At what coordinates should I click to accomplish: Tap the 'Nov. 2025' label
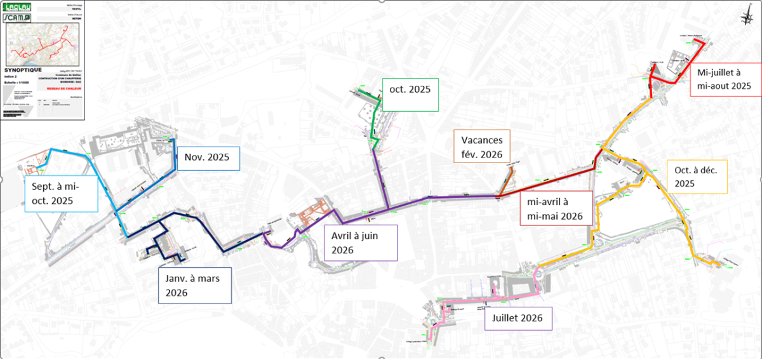[x=208, y=157]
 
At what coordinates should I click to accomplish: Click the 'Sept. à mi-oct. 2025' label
[x=61, y=194]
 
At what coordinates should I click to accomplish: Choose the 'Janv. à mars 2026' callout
[x=195, y=286]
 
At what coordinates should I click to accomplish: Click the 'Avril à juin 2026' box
[x=361, y=243]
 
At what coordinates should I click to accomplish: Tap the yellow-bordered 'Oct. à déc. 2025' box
[x=697, y=176]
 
